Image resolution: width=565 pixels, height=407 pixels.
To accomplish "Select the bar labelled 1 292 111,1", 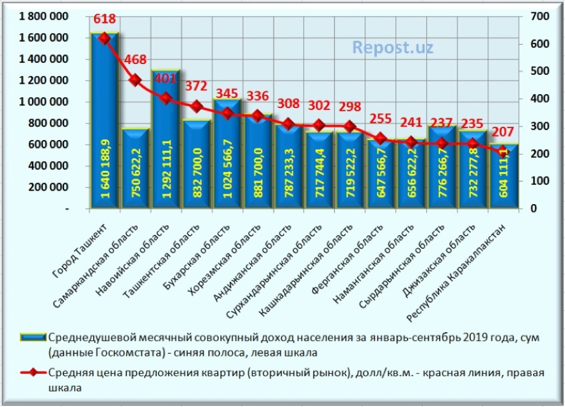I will coord(166,141).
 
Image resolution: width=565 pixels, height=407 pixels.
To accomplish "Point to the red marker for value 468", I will coord(135,80).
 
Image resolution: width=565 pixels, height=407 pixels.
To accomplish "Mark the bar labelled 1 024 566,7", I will coord(227,157).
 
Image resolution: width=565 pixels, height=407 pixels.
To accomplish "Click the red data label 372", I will coord(196,86).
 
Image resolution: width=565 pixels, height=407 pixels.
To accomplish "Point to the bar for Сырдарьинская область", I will coord(442,170).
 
